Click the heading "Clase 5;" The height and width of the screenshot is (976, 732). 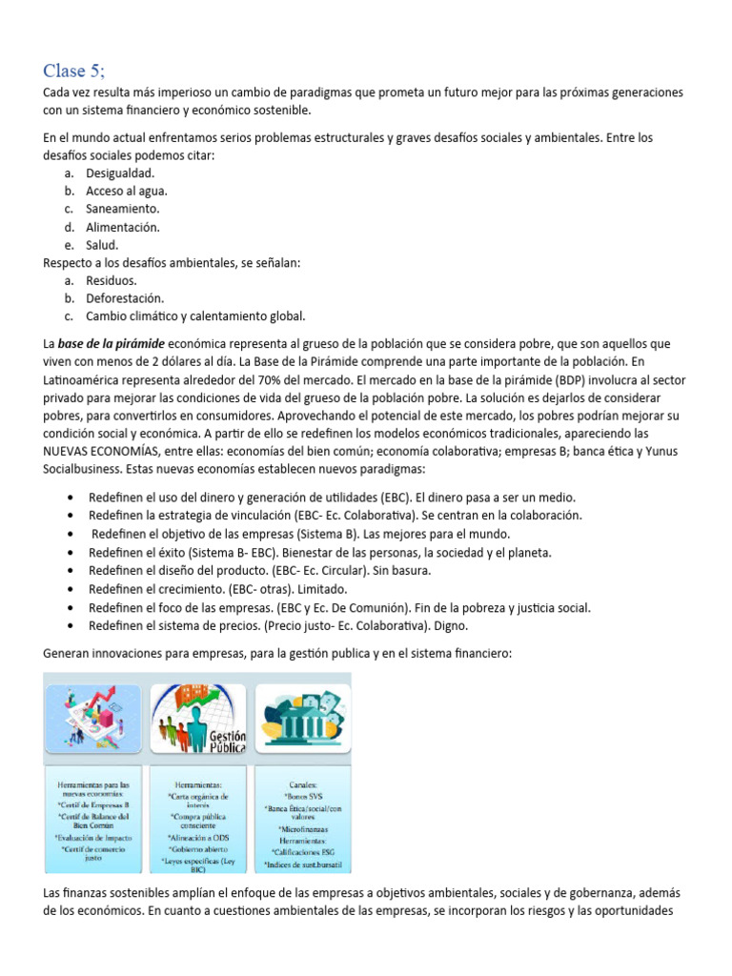[76, 70]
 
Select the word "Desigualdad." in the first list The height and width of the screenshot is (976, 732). [120, 173]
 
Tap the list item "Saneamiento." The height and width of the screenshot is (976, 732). [123, 209]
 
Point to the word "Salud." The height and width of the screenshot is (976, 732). [102, 245]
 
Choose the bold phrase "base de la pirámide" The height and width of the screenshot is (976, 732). [111, 343]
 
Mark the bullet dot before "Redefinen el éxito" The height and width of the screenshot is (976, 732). [73, 553]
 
